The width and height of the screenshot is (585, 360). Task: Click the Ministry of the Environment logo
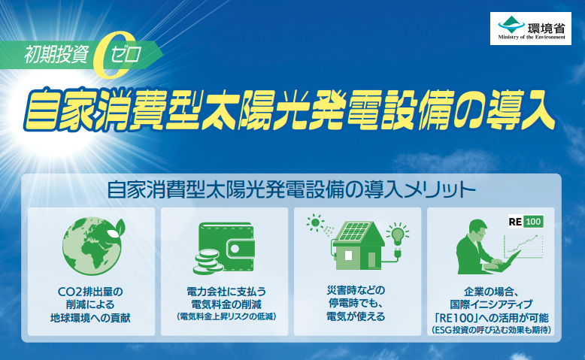tap(531, 29)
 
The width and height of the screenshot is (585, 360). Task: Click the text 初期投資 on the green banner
tap(56, 54)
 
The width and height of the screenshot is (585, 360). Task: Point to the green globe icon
tap(92, 247)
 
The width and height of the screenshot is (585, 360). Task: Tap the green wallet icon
tap(227, 247)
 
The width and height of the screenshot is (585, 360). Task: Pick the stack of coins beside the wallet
tap(208, 262)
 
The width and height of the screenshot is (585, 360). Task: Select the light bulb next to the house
tap(397, 234)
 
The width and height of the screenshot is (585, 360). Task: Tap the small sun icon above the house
tap(316, 223)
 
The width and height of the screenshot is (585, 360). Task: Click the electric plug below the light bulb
tap(398, 253)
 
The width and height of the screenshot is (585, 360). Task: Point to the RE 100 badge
tap(526, 222)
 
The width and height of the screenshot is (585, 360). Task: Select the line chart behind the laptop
tap(523, 247)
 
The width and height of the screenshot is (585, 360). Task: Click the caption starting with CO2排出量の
tap(90, 305)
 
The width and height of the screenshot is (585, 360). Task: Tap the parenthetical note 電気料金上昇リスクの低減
tap(226, 316)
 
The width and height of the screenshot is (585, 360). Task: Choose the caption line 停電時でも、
tap(356, 303)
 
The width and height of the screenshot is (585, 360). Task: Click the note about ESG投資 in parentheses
tap(491, 330)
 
